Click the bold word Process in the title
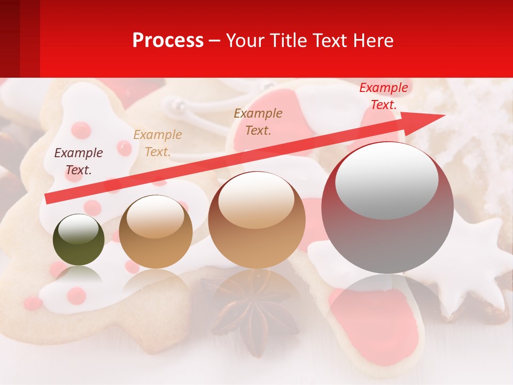168,41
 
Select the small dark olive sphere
79,241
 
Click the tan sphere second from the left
156,233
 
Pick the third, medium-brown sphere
257,220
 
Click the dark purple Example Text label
79,161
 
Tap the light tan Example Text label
158,143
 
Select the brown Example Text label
258,121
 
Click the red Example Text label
384,96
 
